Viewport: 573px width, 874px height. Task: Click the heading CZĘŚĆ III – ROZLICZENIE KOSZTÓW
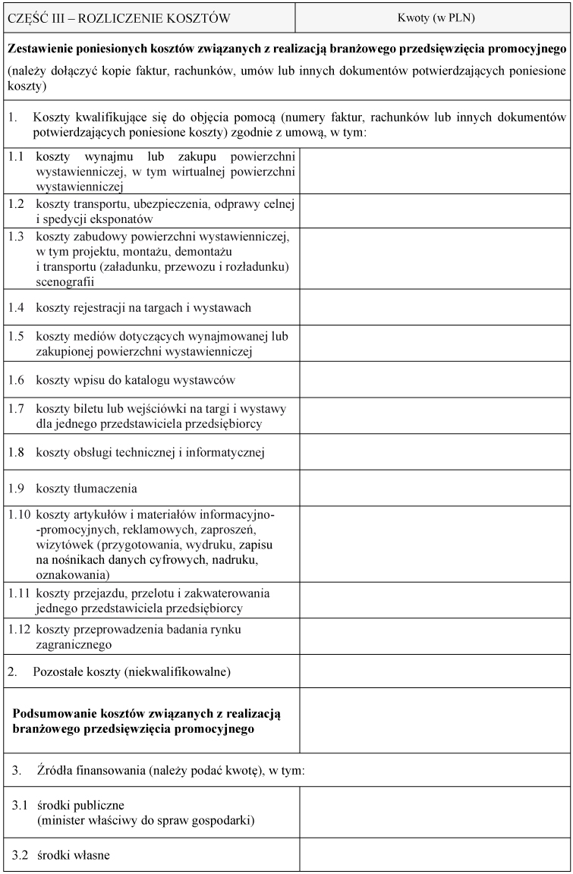click(119, 17)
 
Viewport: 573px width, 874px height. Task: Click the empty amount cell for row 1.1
click(434, 171)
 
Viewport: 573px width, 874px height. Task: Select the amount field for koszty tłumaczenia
click(434, 489)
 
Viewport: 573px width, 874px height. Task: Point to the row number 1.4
click(16, 307)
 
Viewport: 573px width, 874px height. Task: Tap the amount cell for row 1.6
click(434, 378)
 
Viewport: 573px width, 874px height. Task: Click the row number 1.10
click(19, 515)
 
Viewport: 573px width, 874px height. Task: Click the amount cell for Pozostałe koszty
click(434, 671)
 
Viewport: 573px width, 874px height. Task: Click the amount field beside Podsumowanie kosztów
click(434, 721)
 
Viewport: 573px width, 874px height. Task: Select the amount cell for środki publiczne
click(434, 813)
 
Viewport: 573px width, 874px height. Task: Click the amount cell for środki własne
click(434, 856)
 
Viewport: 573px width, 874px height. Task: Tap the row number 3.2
click(20, 856)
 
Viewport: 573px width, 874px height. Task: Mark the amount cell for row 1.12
click(434, 637)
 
